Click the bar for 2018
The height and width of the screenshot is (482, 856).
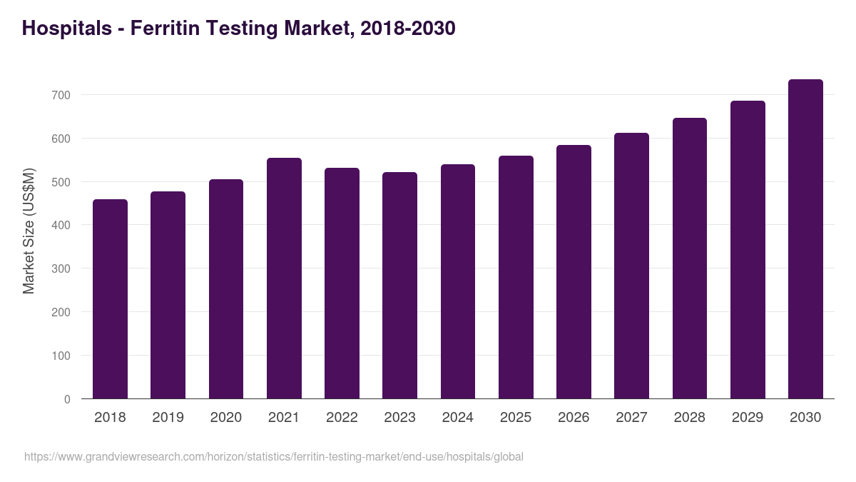coord(110,299)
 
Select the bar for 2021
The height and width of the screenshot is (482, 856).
coord(284,278)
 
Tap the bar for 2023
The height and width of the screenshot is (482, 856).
coord(399,286)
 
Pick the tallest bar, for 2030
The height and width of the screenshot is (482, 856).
coord(805,239)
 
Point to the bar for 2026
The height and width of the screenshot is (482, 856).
coord(574,272)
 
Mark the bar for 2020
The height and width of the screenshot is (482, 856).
coord(226,289)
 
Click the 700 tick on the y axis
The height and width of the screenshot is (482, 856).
coord(62,95)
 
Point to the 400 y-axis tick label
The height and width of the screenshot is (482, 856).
coord(62,226)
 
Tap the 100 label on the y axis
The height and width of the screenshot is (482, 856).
coord(62,356)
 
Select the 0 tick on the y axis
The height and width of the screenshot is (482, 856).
coord(67,399)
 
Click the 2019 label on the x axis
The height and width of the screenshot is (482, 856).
coord(168,418)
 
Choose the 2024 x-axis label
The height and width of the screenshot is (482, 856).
coord(457,418)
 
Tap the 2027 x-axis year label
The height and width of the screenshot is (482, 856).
coord(631,418)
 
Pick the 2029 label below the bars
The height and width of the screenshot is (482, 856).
coord(747,418)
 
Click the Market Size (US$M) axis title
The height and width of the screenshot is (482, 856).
coord(29,231)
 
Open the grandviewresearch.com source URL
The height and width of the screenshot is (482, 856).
coord(274,456)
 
